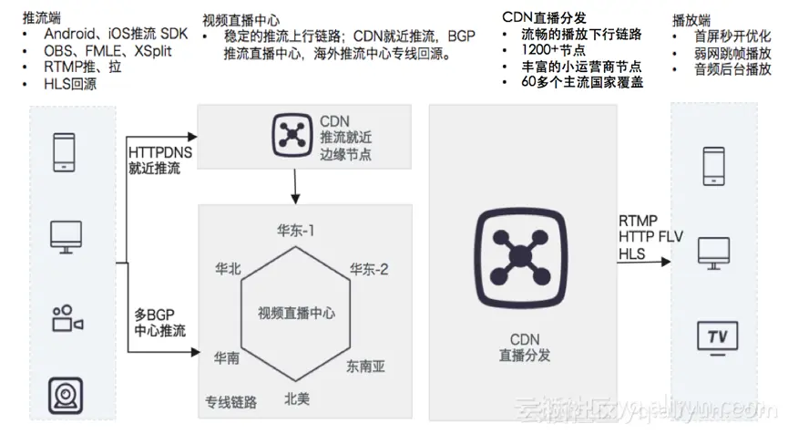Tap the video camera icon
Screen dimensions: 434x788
click(67, 318)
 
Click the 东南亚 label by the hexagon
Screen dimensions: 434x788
click(365, 367)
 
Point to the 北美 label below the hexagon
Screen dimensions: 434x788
click(297, 398)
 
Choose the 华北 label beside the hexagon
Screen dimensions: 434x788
click(228, 269)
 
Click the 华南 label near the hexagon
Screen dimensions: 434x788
click(227, 357)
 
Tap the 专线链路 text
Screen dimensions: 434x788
click(230, 401)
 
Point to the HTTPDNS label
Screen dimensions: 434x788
click(159, 151)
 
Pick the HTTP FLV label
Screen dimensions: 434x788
click(650, 237)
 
